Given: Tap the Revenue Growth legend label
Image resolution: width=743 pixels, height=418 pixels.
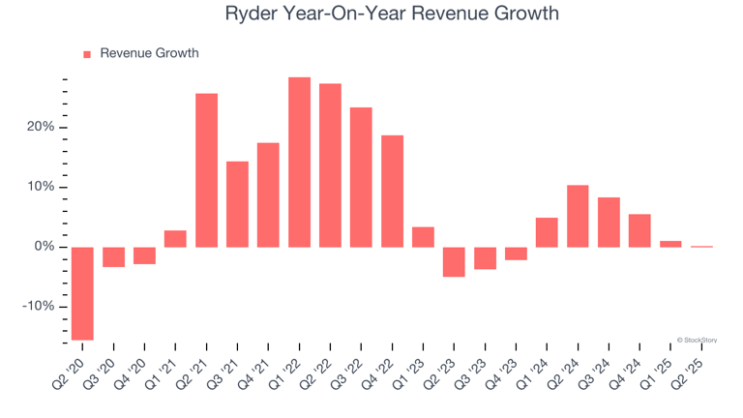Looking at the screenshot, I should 149,53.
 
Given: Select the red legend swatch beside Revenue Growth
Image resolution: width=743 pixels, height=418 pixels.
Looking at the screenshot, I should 87,54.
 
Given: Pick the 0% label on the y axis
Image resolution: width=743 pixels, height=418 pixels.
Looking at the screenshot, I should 45,247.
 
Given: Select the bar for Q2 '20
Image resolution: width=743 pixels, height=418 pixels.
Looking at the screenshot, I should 82,293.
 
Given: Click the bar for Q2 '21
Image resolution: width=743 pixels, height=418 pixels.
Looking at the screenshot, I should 206,170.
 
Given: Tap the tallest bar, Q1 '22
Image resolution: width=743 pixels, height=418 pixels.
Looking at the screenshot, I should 299,163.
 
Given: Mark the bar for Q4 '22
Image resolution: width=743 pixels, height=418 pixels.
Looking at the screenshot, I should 392,191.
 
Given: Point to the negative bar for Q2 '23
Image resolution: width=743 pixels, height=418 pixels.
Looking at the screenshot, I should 454,261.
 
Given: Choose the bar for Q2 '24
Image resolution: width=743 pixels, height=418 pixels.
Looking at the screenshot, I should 578,216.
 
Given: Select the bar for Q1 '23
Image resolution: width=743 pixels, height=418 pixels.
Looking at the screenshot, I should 423,237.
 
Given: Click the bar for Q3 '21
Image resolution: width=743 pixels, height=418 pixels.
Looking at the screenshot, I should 237,204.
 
